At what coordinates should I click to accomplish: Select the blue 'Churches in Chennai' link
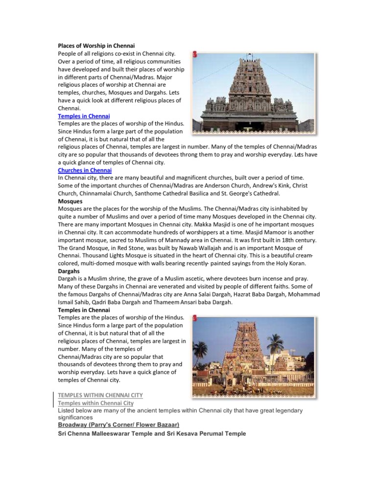click(x=84, y=170)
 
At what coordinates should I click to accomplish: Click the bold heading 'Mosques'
click(x=70, y=201)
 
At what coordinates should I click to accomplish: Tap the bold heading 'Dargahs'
click(x=69, y=271)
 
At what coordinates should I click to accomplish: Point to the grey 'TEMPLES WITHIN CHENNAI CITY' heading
click(x=100, y=395)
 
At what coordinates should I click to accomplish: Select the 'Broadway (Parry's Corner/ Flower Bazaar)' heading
click(x=118, y=424)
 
